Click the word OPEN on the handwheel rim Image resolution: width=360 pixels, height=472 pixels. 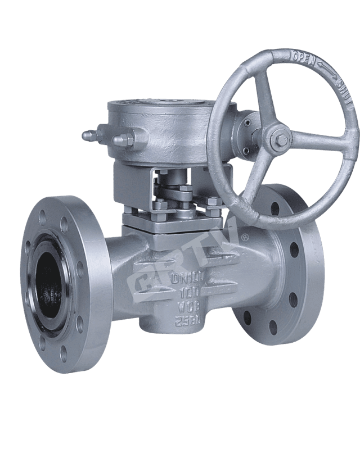click(x=302, y=57)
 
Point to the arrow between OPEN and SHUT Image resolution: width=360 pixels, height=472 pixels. click(x=325, y=71)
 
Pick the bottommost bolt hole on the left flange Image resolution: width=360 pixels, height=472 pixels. click(x=63, y=353)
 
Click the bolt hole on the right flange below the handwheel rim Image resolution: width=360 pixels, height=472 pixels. click(x=275, y=208)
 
